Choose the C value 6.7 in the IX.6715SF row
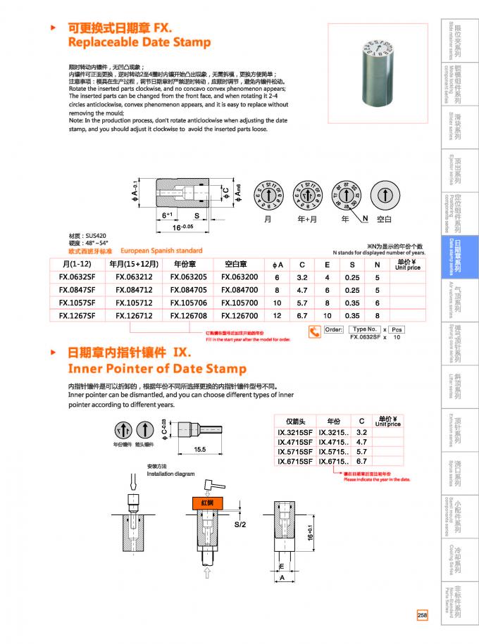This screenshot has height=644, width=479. tap(362, 461)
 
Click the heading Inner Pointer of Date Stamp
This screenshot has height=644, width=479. tap(156, 369)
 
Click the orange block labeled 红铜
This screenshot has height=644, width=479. tap(207, 504)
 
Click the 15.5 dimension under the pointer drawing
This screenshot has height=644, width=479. tap(199, 449)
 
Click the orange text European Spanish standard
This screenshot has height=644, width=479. tap(161, 251)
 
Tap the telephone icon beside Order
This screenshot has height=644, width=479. tap(313, 331)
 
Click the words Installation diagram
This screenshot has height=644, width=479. tap(170, 474)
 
